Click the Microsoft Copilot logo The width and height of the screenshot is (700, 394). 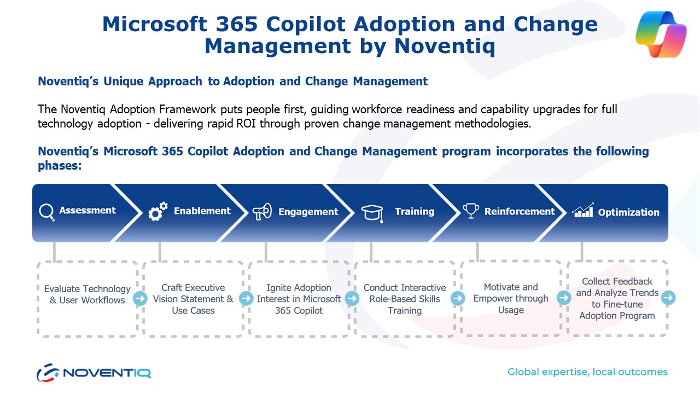coord(661,34)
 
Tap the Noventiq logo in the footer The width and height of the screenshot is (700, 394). coord(94,373)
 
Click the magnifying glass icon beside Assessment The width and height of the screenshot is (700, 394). coord(46,212)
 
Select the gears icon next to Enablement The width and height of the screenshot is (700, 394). coord(158,211)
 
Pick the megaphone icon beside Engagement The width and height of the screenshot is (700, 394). coord(262,212)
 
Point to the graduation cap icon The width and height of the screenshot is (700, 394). coord(372,213)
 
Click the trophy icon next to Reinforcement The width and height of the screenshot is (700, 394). coord(471,211)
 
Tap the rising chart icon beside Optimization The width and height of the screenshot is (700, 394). coord(582,210)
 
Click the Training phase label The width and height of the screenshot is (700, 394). coord(415,211)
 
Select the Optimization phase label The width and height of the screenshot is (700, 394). coord(628,212)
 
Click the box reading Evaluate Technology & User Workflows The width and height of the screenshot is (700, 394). coord(87,299)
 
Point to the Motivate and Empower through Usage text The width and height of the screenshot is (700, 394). coord(511,298)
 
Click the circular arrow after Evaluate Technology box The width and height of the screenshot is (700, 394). coord(140,298)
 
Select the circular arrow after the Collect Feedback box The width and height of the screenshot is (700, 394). coord(668,298)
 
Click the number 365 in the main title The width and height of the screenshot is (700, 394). coord(237,24)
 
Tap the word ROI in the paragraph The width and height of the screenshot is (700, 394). coord(246,124)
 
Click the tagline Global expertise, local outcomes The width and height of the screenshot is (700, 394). coord(587,372)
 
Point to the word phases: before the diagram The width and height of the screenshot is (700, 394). coord(60,166)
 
